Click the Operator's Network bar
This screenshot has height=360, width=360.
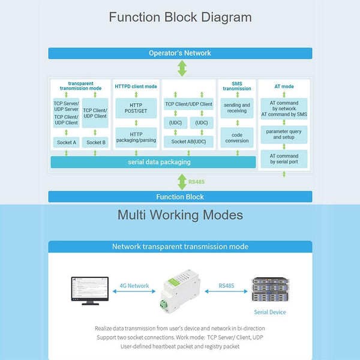[180, 53]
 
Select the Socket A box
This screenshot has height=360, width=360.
[66, 142]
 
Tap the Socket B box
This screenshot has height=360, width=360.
[95, 142]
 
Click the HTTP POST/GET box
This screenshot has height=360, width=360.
[136, 109]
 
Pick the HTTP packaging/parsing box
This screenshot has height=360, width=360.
[136, 136]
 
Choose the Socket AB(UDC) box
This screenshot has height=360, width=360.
[188, 141]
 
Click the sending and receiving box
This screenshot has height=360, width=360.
[237, 109]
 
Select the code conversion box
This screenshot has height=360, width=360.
[237, 137]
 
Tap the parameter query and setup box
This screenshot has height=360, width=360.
[284, 134]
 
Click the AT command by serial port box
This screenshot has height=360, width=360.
[284, 159]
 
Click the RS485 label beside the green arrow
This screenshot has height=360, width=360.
[197, 182]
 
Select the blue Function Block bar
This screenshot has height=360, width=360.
[180, 197]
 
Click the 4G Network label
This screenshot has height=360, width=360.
[134, 286]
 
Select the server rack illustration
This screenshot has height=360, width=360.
[269, 289]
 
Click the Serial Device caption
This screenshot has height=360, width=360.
[269, 312]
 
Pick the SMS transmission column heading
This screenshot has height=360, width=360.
[237, 86]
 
